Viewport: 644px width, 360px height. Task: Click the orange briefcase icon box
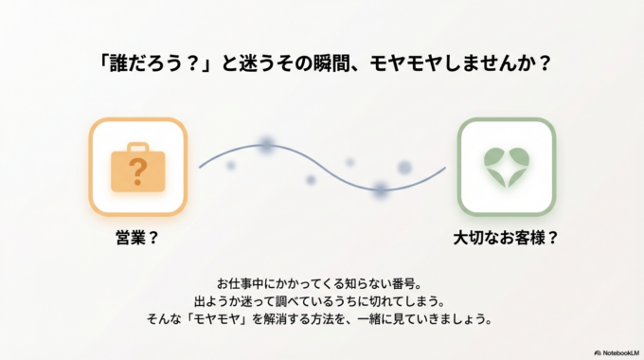click(138, 168)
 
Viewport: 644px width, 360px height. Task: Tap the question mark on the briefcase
click(138, 172)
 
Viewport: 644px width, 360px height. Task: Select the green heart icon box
click(506, 168)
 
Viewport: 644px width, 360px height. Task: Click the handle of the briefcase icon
click(138, 147)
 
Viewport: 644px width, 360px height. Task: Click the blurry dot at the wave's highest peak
click(266, 145)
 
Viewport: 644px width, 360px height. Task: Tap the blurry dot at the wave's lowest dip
click(381, 189)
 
